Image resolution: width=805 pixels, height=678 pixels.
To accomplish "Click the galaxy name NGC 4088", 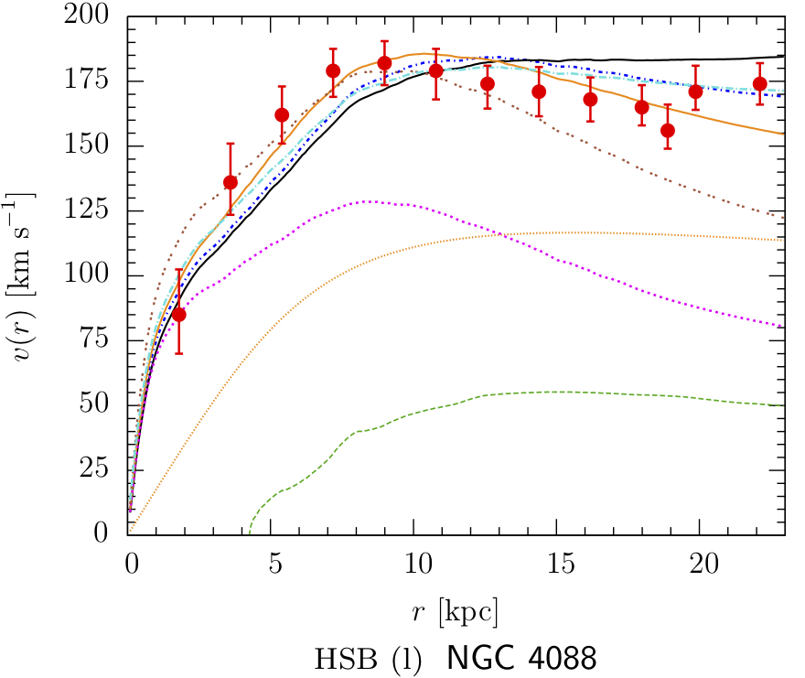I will click(x=521, y=658).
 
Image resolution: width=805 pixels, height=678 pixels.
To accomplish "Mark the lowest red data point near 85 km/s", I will click(x=179, y=315).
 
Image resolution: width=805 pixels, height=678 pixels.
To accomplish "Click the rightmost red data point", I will click(x=760, y=84).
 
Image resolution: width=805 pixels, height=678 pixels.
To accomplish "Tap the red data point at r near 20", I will click(x=696, y=91).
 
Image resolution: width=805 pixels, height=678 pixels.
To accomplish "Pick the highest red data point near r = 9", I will click(x=384, y=63).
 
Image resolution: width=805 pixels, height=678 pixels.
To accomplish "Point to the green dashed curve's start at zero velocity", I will click(x=249, y=533).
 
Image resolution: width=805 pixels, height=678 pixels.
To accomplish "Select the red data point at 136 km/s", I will click(x=231, y=182).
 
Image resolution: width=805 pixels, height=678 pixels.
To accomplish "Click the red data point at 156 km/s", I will click(x=668, y=131).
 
